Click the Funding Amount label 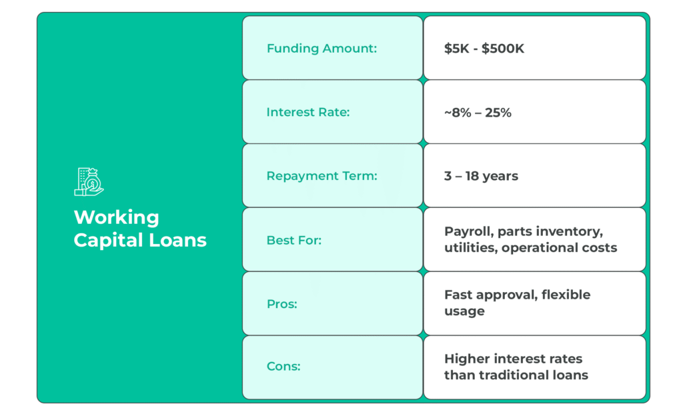[321, 48]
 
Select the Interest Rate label [307, 112]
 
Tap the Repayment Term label [321, 176]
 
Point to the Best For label [293, 240]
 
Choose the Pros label [281, 304]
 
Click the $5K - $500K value [484, 48]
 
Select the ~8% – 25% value [478, 112]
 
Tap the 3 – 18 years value [481, 176]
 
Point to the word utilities [470, 248]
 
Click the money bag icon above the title [89, 181]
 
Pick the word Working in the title [116, 217]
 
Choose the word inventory [572, 232]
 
